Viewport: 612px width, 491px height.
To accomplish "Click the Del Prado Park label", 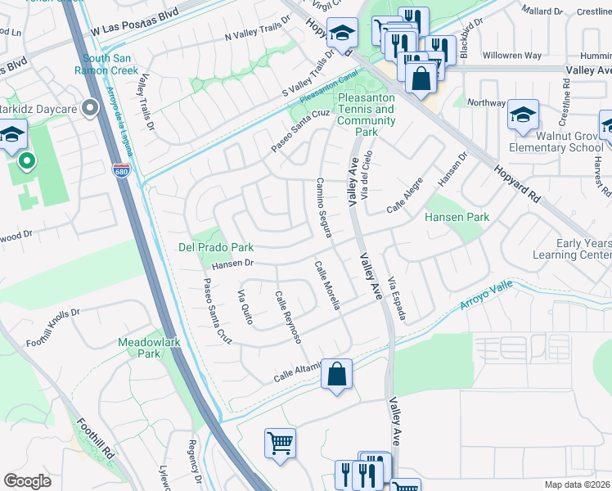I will coord(216,247).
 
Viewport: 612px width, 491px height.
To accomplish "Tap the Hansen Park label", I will coord(457,218).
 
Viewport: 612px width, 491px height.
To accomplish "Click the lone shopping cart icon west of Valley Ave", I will coord(280,443).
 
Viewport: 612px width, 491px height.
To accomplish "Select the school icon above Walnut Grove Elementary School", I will coord(523,115).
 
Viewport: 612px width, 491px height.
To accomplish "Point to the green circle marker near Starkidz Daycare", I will coord(26,161).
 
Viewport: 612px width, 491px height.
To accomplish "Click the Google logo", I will coord(27,481).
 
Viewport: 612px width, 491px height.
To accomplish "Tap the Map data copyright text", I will coord(576,484).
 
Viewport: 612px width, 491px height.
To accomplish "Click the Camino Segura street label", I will coord(323,208).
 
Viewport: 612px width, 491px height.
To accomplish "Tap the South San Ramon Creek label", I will coord(119,65).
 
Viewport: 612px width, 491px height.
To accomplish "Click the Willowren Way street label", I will coord(511,56).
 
